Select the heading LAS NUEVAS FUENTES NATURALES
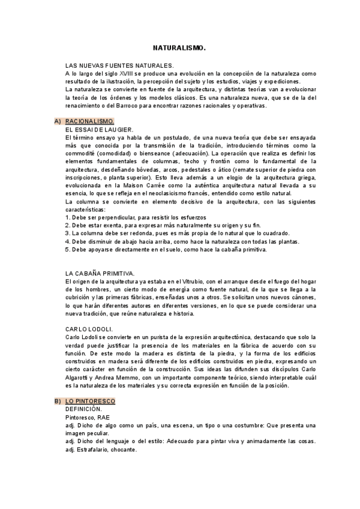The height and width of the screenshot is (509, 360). pyautogui.click(x=119, y=65)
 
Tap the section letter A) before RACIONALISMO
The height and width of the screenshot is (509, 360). pyautogui.click(x=57, y=121)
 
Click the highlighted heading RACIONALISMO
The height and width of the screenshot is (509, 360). pyautogui.click(x=89, y=121)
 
